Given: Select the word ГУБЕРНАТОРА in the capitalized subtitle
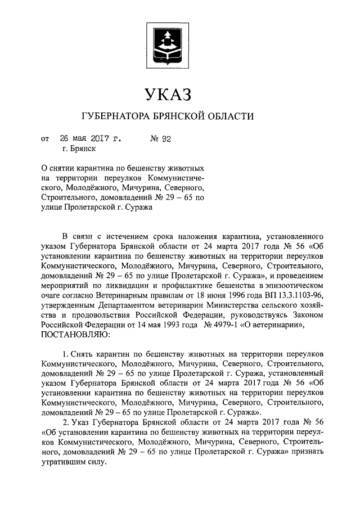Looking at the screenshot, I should click(x=116, y=117).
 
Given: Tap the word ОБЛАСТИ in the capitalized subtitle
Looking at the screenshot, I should click(x=231, y=117).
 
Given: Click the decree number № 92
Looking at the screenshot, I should click(x=160, y=137).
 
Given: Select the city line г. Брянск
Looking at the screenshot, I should click(x=79, y=148).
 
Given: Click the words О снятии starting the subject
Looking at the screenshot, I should click(x=59, y=168).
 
